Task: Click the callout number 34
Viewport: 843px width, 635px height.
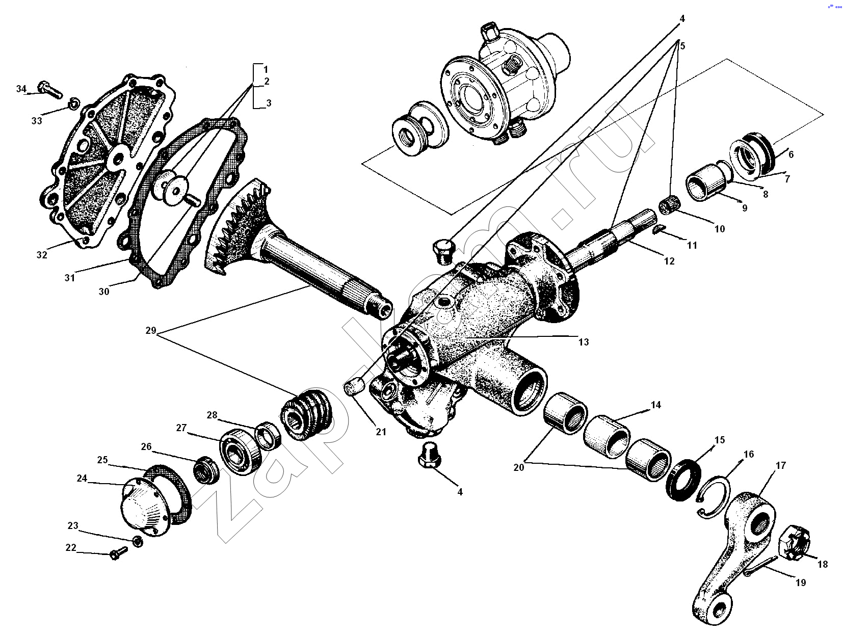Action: pyautogui.click(x=21, y=89)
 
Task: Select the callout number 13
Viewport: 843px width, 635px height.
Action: pyautogui.click(x=583, y=342)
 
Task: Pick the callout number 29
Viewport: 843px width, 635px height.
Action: pyautogui.click(x=150, y=331)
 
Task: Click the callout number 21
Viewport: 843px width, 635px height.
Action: pyautogui.click(x=381, y=432)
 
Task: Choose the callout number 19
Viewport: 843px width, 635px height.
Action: pyautogui.click(x=801, y=583)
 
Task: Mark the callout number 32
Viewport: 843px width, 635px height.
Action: pyautogui.click(x=42, y=254)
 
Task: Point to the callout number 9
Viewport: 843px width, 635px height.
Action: pyautogui.click(x=744, y=208)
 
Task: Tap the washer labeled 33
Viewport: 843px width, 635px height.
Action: pyautogui.click(x=73, y=104)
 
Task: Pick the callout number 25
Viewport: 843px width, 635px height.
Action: pyautogui.click(x=102, y=460)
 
